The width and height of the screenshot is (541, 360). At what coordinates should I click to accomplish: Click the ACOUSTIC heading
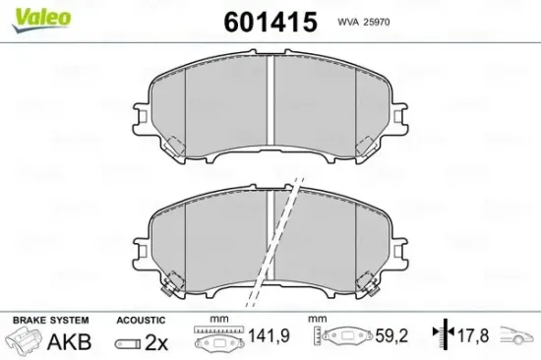coord(142,321)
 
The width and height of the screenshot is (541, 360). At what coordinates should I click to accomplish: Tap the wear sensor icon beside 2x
coord(127,342)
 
